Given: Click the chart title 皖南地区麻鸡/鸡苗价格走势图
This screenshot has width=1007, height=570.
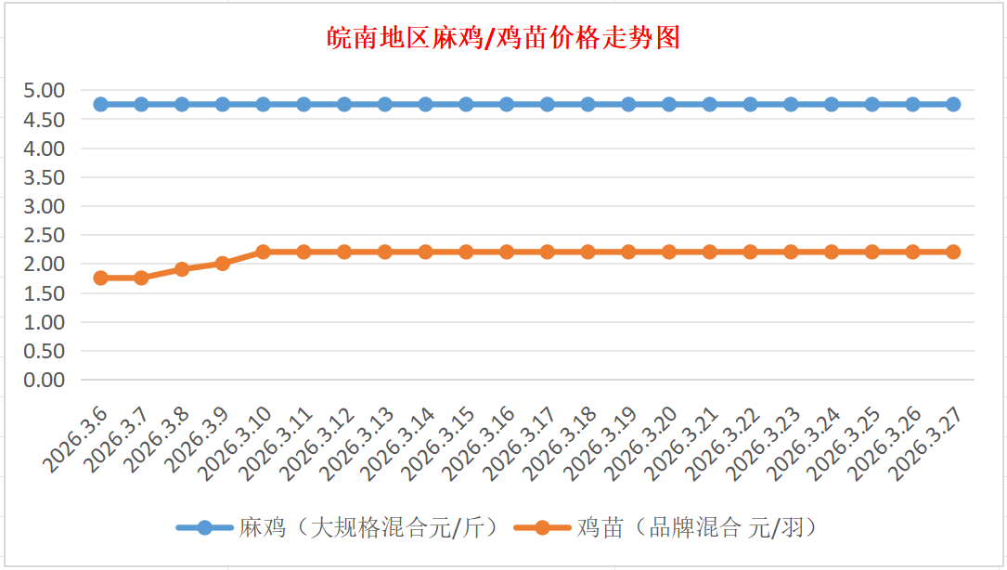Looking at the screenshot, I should pos(504,38).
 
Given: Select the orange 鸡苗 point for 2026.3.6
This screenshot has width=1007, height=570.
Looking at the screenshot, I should pos(101,278).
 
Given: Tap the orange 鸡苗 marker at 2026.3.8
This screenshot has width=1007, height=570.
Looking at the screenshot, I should pos(182,269).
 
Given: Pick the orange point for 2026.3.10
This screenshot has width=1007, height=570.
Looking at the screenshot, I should pos(263,252).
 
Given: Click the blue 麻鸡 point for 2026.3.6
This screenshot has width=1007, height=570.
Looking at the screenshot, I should pos(101,104).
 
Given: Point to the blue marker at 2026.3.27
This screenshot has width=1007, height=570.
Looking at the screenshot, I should pos(953,104).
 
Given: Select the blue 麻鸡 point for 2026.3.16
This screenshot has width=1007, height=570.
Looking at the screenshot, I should pos(507,104).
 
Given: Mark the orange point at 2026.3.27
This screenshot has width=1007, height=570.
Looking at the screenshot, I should pos(953,252).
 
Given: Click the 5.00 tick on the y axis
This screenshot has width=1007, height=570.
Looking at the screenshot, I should pos(45,90).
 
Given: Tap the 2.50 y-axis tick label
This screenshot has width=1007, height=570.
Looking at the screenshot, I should pos(45,235).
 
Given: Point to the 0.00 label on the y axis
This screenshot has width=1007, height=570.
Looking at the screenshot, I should pos(45,380).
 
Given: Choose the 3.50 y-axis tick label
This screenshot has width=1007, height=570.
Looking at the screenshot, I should pos(45,177).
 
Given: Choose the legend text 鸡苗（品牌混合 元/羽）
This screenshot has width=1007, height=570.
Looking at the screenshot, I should pos(696,528).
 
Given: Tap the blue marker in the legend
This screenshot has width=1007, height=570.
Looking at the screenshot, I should pos(204,528).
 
